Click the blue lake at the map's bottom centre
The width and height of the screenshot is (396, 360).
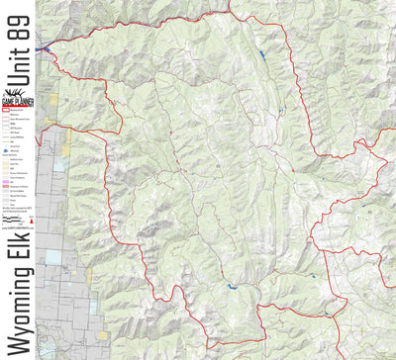point(232,287)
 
